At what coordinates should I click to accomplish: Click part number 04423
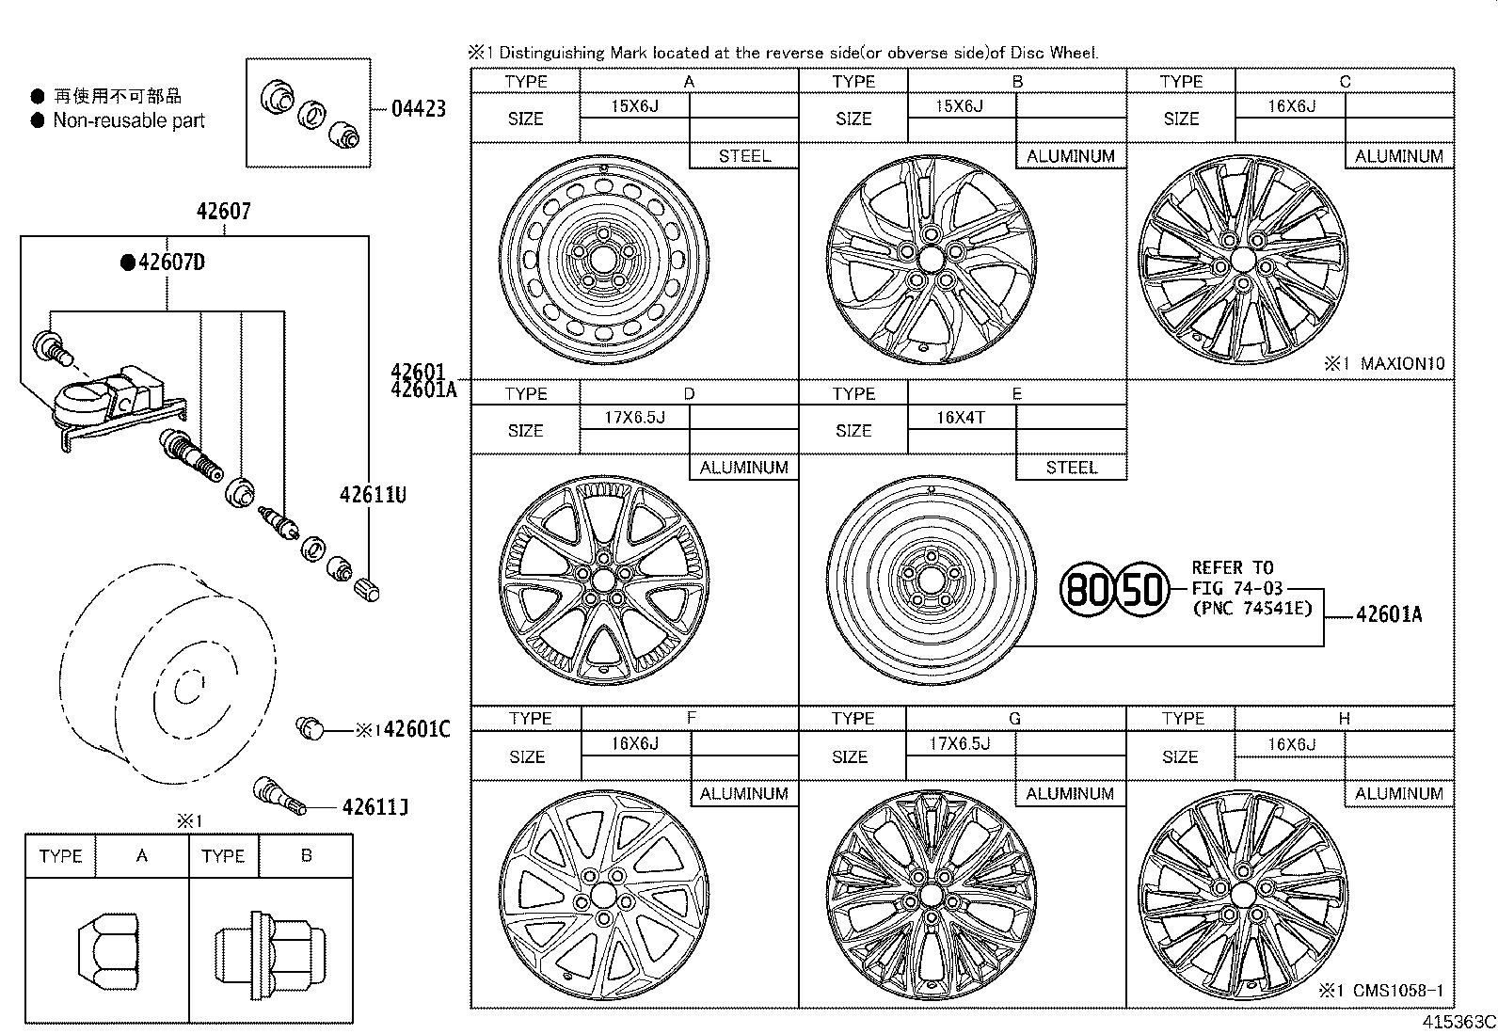[418, 109]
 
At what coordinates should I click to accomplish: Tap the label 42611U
[373, 494]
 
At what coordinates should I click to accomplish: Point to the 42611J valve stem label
[374, 807]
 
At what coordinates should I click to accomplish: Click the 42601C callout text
[417, 729]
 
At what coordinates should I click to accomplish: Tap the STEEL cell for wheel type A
[743, 156]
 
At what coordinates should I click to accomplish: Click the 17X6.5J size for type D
[635, 417]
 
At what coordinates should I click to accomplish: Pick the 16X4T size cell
[961, 417]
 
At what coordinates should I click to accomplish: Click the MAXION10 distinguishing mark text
[1402, 363]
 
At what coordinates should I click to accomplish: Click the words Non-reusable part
[129, 120]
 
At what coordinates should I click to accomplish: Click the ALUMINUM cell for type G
[1070, 794]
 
